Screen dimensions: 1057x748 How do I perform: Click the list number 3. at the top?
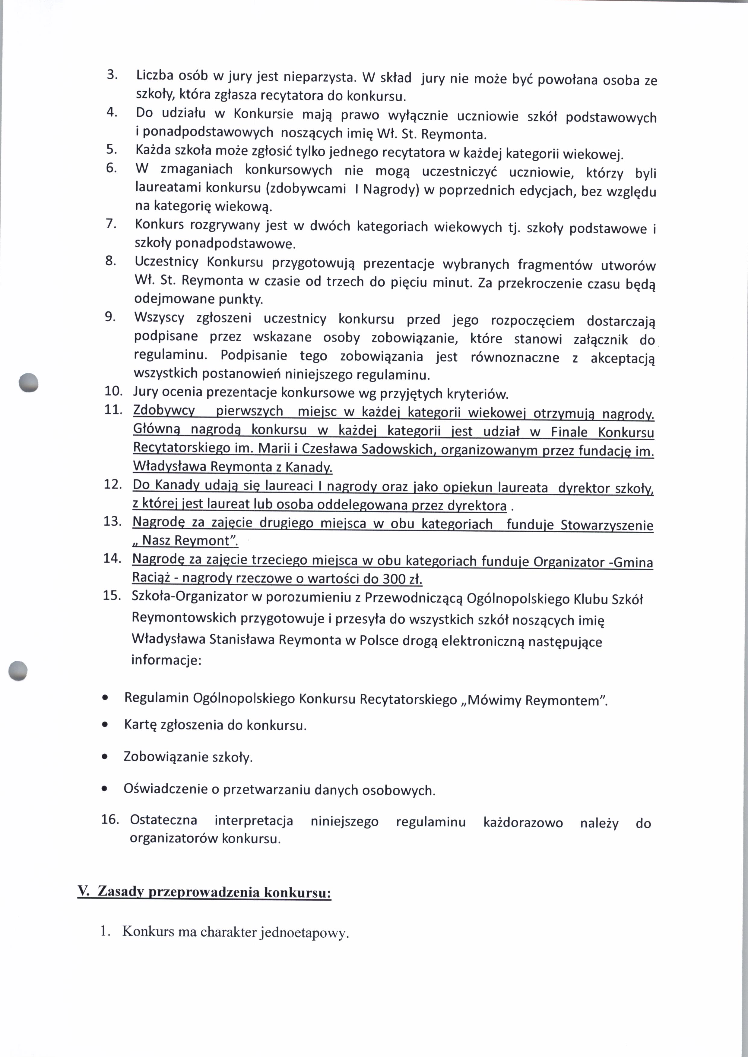coord(112,74)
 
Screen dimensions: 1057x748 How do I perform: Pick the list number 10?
coord(113,391)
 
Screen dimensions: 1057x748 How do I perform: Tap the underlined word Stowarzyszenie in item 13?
coord(607,525)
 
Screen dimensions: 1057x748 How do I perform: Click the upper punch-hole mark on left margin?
coord(28,382)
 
